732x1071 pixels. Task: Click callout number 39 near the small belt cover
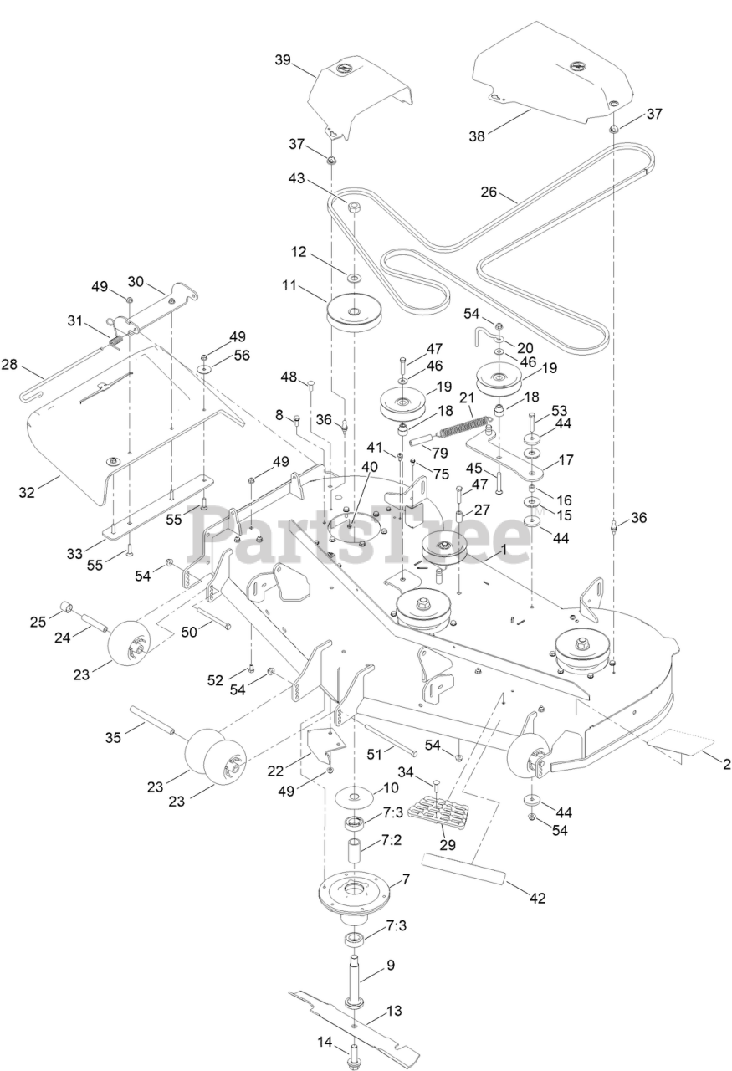coord(282,59)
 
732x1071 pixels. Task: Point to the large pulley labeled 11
coord(354,315)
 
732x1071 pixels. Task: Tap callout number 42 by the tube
coord(538,899)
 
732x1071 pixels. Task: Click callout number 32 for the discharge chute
coord(27,493)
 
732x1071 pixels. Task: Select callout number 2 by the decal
coord(727,763)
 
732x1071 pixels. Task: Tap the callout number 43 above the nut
coord(297,180)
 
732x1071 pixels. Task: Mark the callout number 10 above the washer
coord(392,788)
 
